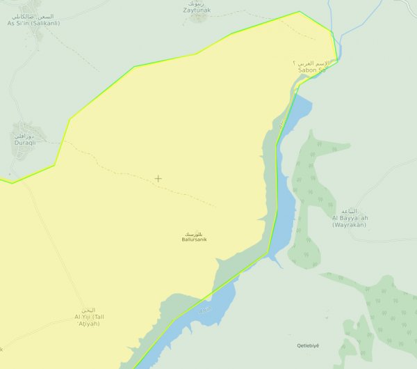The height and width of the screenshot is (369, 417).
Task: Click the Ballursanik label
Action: pyautogui.click(x=194, y=240)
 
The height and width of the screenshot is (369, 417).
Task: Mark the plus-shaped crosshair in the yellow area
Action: pyautogui.click(x=158, y=178)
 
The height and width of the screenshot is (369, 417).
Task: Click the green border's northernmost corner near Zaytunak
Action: pyautogui.click(x=300, y=12)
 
